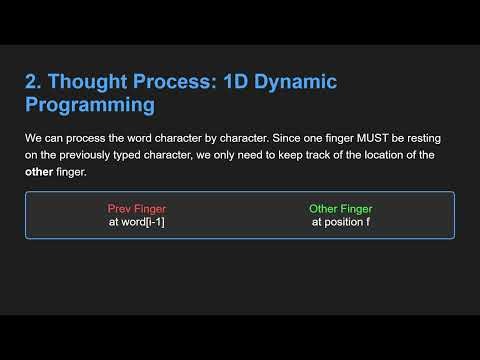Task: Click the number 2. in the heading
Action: pos(34,81)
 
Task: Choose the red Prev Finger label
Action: pos(136,209)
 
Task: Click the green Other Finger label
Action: pos(341,209)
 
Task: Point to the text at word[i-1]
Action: pos(136,222)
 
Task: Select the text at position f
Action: pos(341,222)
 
